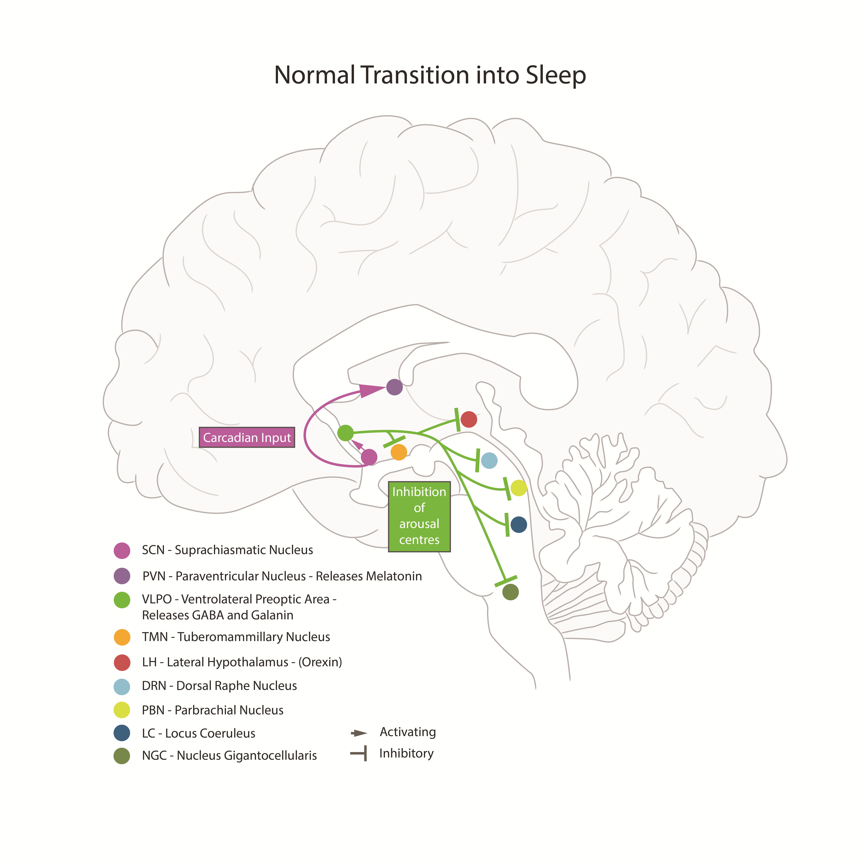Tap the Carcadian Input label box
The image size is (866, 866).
point(247,438)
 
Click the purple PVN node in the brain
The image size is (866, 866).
point(394,387)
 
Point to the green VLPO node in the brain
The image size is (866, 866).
point(345,433)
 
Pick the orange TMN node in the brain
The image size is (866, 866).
point(399,452)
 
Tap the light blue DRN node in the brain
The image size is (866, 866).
point(489,460)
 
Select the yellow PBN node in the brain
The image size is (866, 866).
point(519,488)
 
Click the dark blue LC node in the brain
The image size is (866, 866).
point(519,524)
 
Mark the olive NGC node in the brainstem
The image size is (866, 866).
point(511,592)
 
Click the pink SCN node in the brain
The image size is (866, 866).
point(369,457)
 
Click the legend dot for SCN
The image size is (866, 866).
point(122,550)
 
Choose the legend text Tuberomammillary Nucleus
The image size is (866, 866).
point(254,637)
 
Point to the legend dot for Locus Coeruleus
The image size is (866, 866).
point(122,733)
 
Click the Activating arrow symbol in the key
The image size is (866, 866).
point(359,733)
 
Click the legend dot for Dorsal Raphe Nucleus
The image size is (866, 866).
point(122,686)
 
